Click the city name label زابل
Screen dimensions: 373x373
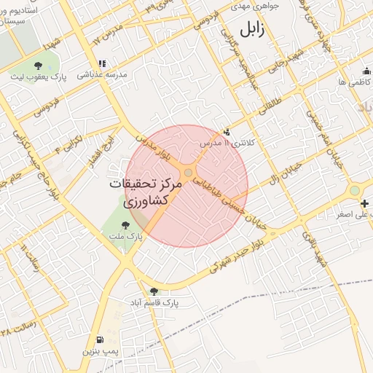pyautogui.click(x=248, y=30)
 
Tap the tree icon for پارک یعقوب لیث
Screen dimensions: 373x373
pyautogui.click(x=38, y=66)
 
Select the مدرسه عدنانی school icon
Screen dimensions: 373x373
pyautogui.click(x=103, y=63)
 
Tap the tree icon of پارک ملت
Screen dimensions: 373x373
pyautogui.click(x=126, y=225)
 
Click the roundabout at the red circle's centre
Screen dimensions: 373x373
pyautogui.click(x=188, y=173)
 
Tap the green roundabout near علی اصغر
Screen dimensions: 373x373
pyautogui.click(x=355, y=191)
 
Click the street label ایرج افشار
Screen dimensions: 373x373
pyautogui.click(x=98, y=150)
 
